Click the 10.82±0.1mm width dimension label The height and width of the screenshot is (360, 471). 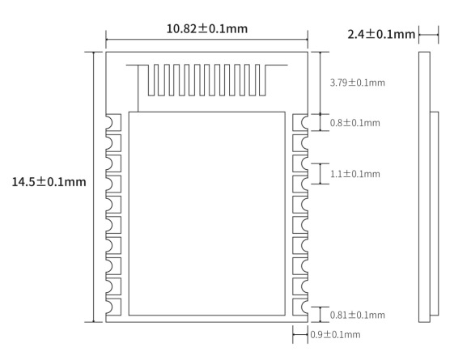[206, 28]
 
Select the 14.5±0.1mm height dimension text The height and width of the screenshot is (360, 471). [48, 181]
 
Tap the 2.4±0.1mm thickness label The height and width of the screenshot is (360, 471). [380, 35]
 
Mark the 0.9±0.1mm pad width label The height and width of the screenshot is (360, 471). [335, 334]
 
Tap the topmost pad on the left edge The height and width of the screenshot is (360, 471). [113, 122]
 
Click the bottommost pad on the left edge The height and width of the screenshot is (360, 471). [113, 307]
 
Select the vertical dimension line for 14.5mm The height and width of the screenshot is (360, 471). [94, 243]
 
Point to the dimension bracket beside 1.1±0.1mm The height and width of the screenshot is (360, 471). [320, 174]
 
